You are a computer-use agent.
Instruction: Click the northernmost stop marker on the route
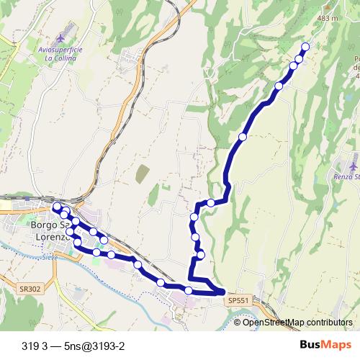click(304, 47)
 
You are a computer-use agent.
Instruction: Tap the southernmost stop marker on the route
click(189, 290)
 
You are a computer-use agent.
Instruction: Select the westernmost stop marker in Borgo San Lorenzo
click(57, 207)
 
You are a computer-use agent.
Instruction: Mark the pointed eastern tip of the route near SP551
click(225, 292)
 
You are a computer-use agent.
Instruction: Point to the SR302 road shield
click(22, 287)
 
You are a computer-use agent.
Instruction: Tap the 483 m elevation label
click(347, 18)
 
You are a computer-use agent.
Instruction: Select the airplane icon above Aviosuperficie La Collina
click(59, 36)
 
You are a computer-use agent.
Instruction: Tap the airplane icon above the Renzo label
click(354, 156)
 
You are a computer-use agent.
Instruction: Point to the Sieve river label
click(49, 256)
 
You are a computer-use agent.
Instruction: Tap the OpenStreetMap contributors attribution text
click(297, 323)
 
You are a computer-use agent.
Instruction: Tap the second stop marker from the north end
click(298, 58)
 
